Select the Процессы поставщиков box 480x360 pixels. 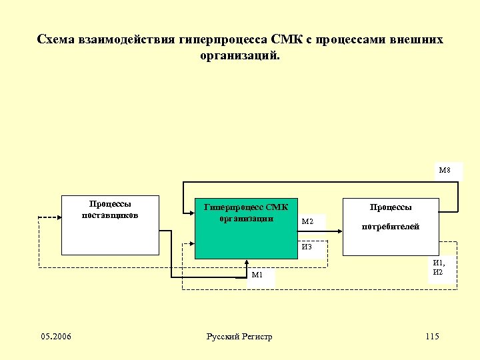(x=110, y=233)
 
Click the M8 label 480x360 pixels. (x=445, y=170)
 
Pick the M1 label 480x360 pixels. (x=257, y=275)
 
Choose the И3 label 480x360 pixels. (x=307, y=247)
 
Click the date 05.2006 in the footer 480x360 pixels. (x=56, y=336)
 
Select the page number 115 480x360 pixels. (x=431, y=336)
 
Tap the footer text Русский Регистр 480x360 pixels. (x=239, y=336)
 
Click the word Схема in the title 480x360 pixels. (x=57, y=39)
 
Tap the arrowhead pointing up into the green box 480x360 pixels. (x=246, y=261)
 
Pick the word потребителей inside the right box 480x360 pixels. (x=391, y=227)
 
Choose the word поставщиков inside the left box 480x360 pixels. (x=110, y=215)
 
